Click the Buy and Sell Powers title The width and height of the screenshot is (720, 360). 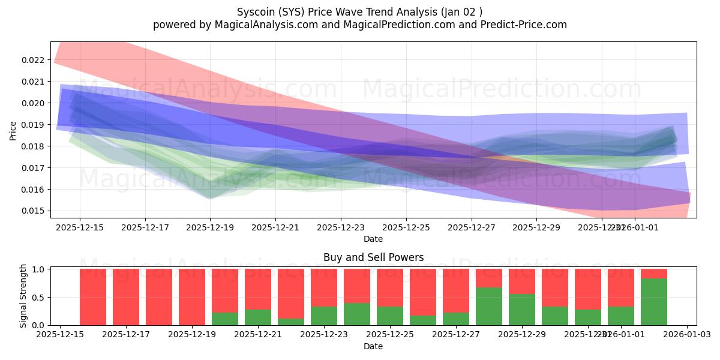point(373,257)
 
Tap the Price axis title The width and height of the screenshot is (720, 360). point(13,130)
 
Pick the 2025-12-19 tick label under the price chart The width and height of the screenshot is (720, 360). point(210,229)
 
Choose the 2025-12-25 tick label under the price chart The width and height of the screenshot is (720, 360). point(406,229)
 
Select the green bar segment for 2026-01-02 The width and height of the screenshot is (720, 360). point(654,302)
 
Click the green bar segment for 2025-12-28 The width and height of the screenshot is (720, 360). point(489,307)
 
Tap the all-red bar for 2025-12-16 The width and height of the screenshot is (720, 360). point(93,297)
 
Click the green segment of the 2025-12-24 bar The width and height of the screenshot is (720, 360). point(357,314)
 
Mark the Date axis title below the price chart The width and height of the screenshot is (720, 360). point(373,239)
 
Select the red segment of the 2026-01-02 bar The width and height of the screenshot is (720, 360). point(654,274)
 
